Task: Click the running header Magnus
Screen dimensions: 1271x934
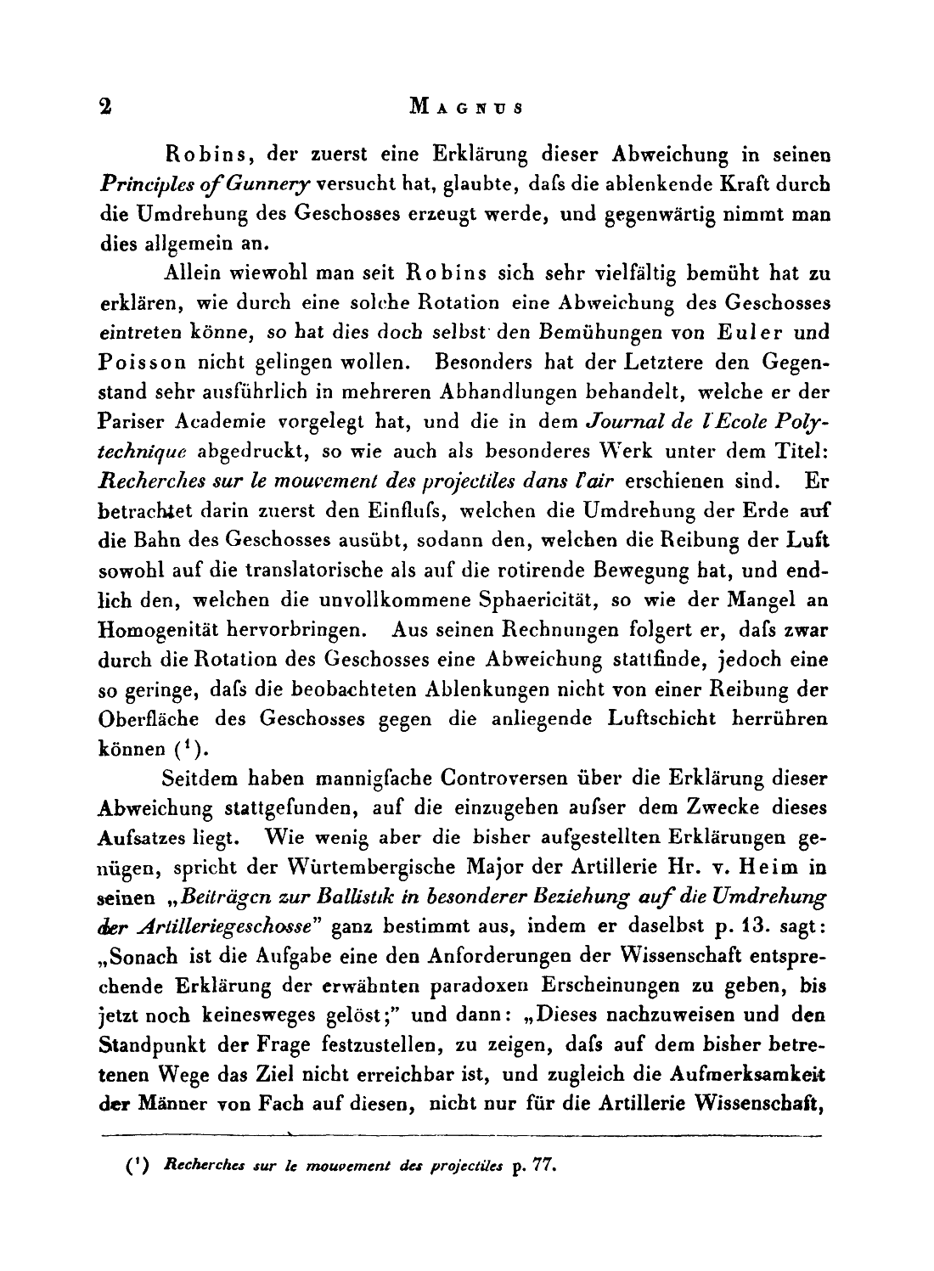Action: [x=466, y=108]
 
